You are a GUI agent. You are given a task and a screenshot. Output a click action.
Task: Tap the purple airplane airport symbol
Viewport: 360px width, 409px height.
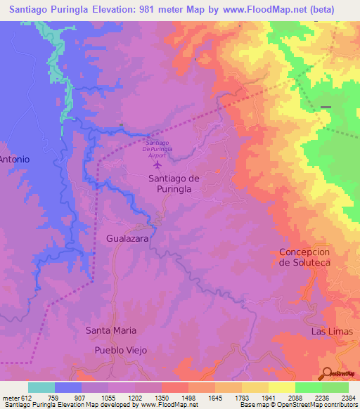(157, 166)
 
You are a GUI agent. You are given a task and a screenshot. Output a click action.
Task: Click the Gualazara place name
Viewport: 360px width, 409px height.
(127, 239)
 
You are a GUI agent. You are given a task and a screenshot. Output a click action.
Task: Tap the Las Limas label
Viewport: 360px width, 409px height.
(329, 330)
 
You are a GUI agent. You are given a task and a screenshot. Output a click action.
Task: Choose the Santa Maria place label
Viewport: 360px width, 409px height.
(110, 330)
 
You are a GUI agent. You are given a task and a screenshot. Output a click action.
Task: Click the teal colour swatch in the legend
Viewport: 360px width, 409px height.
(41, 387)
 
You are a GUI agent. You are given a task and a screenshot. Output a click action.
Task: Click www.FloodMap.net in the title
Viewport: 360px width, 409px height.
(267, 9)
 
